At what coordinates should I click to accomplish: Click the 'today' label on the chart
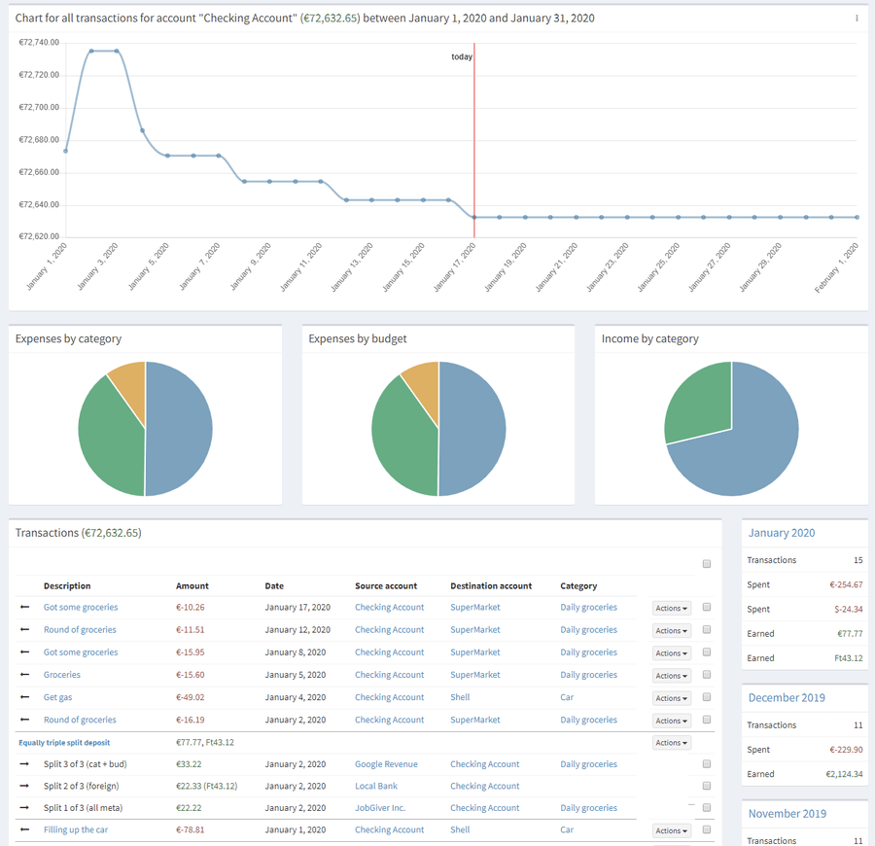pos(462,56)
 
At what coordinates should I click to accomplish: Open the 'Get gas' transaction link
pos(57,697)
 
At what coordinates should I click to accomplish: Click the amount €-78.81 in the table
pos(191,829)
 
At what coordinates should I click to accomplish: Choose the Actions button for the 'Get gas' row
pos(671,698)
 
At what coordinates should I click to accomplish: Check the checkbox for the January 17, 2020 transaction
pos(707,607)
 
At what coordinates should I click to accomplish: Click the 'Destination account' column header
pos(491,586)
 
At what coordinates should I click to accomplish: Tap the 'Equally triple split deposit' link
pos(64,742)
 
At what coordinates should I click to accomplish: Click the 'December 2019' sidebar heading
pos(787,698)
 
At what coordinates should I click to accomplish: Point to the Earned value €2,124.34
pos(837,774)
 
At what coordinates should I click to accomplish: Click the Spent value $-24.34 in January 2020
pos(843,610)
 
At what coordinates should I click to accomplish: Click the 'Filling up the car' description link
pos(76,829)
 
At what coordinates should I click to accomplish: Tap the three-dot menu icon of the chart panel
pos(857,18)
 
